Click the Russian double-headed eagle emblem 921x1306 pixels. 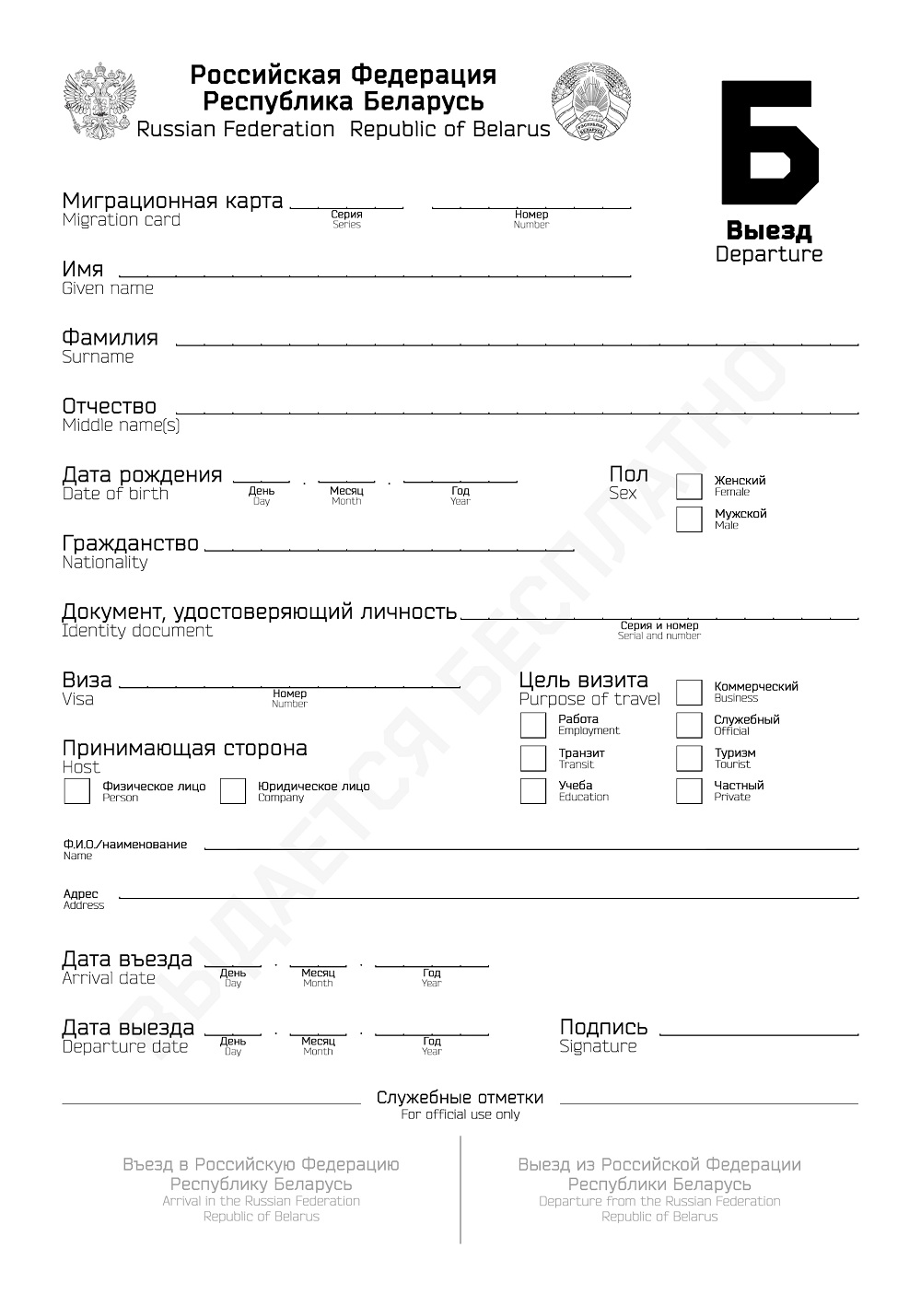pyautogui.click(x=99, y=101)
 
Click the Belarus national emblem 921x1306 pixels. pyautogui.click(x=592, y=101)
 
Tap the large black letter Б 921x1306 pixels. pyautogui.click(x=768, y=141)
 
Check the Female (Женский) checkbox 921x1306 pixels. pyautogui.click(x=689, y=486)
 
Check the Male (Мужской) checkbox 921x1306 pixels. pyautogui.click(x=689, y=519)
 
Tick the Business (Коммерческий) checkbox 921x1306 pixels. pyautogui.click(x=689, y=693)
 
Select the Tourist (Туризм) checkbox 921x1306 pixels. pyautogui.click(x=689, y=758)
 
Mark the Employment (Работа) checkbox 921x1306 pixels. pyautogui.click(x=533, y=725)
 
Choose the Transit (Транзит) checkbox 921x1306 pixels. pyautogui.click(x=533, y=758)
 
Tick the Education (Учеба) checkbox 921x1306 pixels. pyautogui.click(x=533, y=791)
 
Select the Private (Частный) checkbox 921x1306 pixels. pyautogui.click(x=689, y=791)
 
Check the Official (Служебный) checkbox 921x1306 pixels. pyautogui.click(x=689, y=725)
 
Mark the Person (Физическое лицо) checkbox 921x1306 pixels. pyautogui.click(x=76, y=791)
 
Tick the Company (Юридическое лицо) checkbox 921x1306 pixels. pyautogui.click(x=233, y=791)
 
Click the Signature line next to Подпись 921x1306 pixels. pyautogui.click(x=759, y=1032)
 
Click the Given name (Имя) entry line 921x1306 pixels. pyautogui.click(x=375, y=273)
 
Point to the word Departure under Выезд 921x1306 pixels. pyautogui.click(x=769, y=254)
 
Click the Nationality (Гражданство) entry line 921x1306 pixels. pyautogui.click(x=389, y=547)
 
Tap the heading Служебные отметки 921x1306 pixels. pyautogui.click(x=460, y=1098)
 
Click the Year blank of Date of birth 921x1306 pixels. pyautogui.click(x=460, y=479)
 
